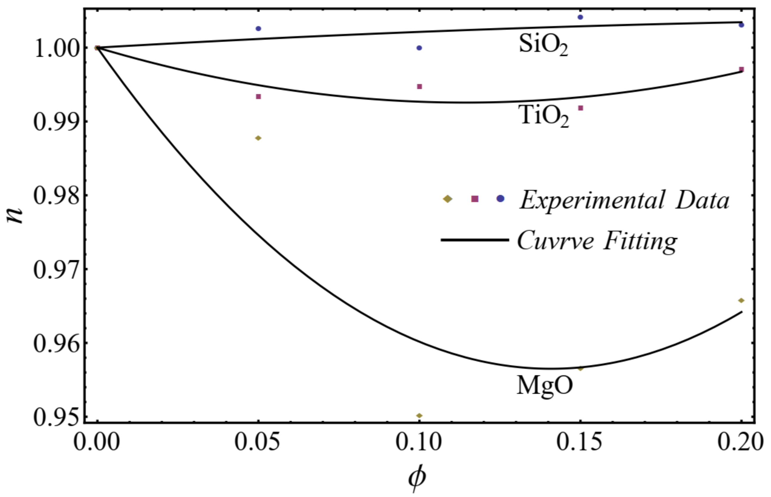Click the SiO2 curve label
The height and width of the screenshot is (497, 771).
point(543,45)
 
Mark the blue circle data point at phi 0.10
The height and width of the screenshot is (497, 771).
point(419,48)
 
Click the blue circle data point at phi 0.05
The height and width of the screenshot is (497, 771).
point(258,28)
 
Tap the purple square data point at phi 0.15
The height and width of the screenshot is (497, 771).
point(580,108)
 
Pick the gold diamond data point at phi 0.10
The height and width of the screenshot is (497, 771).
point(419,415)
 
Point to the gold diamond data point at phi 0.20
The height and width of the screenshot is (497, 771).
point(741,300)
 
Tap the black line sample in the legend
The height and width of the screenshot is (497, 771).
point(474,240)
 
